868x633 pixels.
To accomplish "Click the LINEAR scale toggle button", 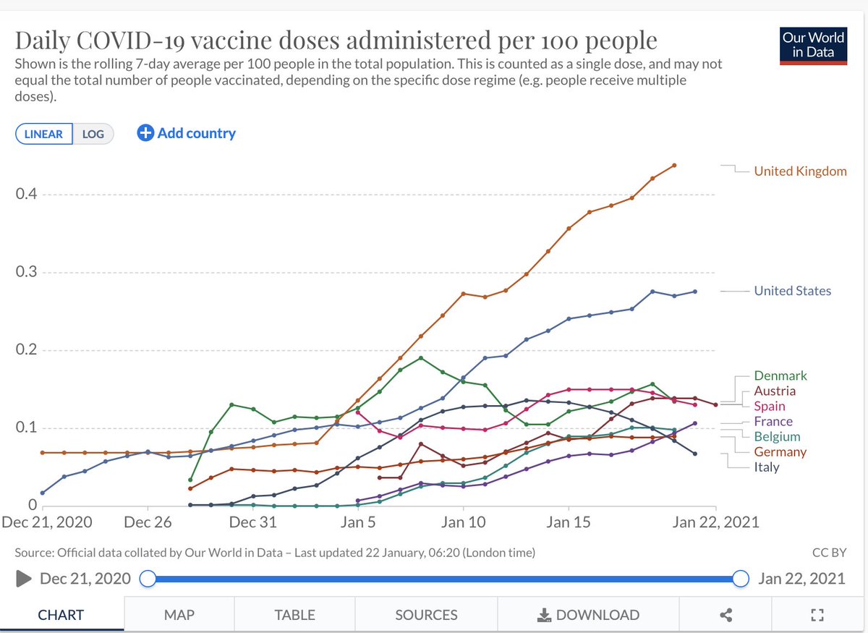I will pos(43,134).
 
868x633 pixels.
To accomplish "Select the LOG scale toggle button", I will pos(93,134).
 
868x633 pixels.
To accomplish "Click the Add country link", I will pos(187,133).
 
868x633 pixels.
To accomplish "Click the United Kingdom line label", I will pos(800,171).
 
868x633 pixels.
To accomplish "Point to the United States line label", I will pos(792,291).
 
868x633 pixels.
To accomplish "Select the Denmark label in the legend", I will pos(780,375).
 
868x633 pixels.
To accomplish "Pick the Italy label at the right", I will pos(767,467).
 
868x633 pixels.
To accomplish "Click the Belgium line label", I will pos(777,437).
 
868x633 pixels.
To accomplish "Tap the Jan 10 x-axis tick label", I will pos(463,522).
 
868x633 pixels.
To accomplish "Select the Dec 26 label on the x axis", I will pos(148,522).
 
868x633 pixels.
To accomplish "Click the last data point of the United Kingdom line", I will pos(674,165).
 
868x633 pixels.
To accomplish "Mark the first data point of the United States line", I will pos(42,493).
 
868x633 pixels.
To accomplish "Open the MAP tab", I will pos(179,615).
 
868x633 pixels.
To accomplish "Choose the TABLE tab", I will pos(294,615).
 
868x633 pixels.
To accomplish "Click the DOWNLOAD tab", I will pos(588,615).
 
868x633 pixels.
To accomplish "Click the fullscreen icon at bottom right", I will pos(817,615).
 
